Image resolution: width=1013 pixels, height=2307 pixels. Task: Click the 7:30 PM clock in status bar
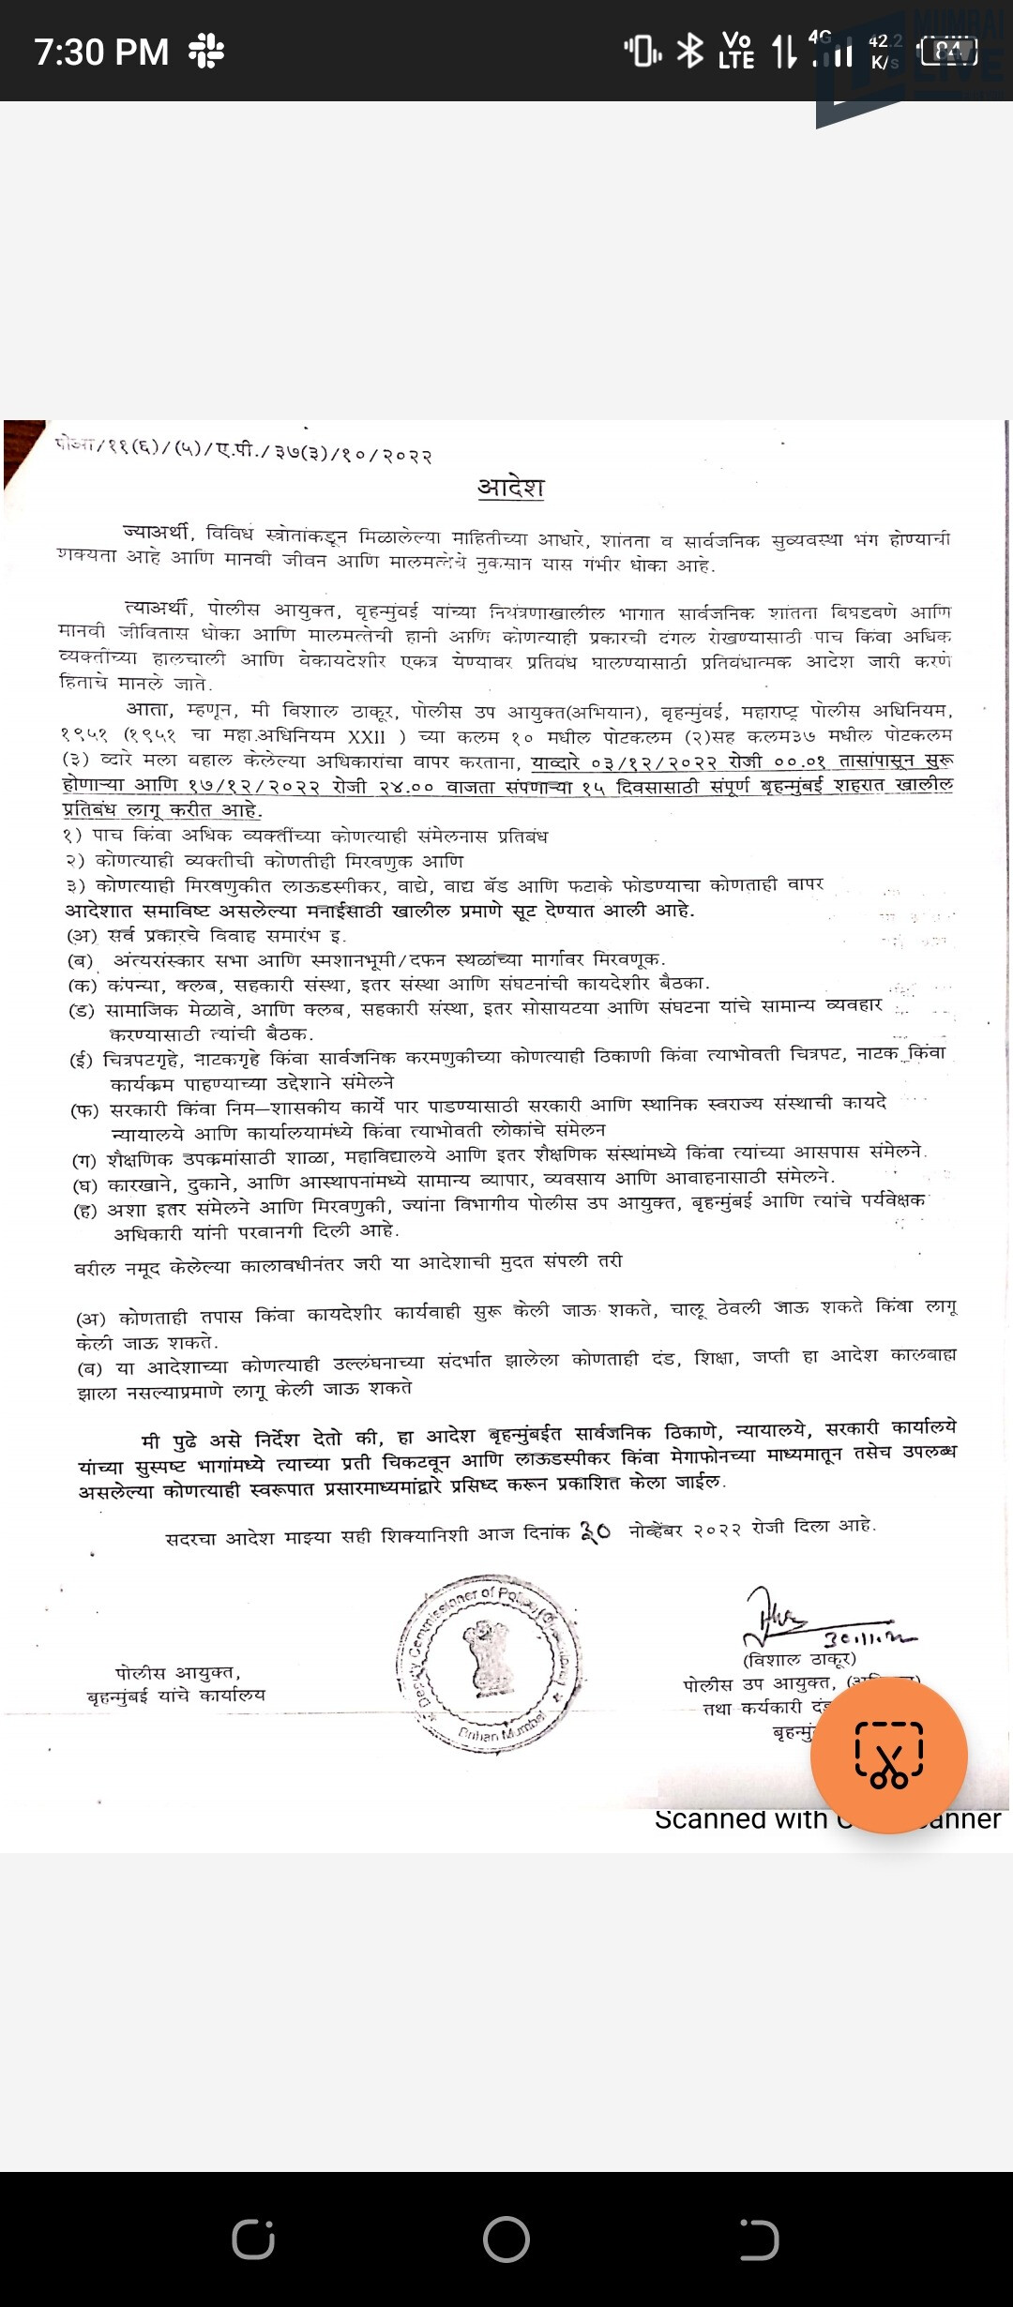101,52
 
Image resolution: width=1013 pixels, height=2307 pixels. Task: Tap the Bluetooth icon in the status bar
690,51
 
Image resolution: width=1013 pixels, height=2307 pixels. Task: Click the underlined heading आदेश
510,488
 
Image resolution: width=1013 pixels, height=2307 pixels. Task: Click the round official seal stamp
489,1661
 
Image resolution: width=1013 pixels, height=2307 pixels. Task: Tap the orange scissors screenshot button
888,1756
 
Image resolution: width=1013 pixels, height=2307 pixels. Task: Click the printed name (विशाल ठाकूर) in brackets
799,1660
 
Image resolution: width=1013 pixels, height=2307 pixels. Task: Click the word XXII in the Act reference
367,737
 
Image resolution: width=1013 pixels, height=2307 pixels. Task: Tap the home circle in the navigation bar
506,2239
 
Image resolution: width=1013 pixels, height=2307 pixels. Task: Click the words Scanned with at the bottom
741,1819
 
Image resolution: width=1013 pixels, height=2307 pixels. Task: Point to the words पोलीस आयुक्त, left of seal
178,1672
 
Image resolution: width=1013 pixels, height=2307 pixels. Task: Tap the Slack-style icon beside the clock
205,51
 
